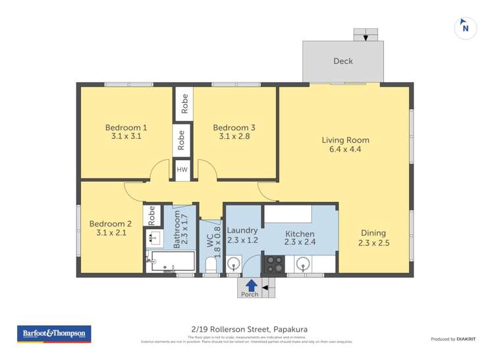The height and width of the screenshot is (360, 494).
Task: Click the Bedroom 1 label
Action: tap(126, 127)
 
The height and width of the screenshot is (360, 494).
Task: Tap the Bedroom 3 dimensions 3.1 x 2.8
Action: tap(234, 137)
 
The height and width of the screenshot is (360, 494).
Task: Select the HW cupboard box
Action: tap(182, 169)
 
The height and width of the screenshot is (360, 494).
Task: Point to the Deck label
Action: tap(343, 61)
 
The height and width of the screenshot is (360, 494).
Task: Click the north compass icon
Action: tap(466, 27)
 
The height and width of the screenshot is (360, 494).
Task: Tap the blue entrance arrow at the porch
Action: tap(250, 284)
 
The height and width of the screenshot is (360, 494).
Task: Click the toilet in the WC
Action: tap(211, 265)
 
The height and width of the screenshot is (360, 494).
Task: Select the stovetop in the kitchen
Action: tap(273, 264)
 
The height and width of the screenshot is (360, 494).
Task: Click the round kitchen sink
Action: tap(303, 264)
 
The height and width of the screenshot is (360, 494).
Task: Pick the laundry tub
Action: tap(234, 265)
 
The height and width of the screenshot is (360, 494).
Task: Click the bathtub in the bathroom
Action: tap(171, 262)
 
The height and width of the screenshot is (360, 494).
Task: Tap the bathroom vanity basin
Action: tap(153, 238)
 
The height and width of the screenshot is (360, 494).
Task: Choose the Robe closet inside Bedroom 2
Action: tap(152, 215)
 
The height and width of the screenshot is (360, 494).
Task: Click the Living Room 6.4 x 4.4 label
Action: tap(345, 144)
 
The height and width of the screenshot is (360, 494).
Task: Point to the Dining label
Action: tap(374, 232)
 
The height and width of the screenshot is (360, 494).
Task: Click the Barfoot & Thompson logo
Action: tap(53, 334)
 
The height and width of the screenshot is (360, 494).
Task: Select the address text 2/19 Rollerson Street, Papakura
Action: tap(246, 330)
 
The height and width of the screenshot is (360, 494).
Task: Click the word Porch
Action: tap(250, 294)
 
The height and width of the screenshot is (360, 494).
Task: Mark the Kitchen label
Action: tap(299, 234)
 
